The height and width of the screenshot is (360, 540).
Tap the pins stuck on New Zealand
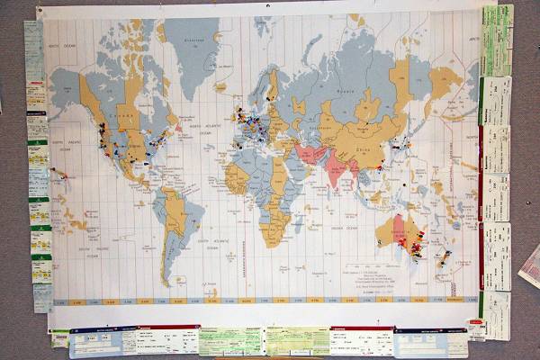tap(444, 258)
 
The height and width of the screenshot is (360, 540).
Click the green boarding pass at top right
tap(496, 40)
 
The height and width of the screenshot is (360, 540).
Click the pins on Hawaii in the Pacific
tap(58, 171)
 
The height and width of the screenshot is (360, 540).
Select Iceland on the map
tap(220, 86)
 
